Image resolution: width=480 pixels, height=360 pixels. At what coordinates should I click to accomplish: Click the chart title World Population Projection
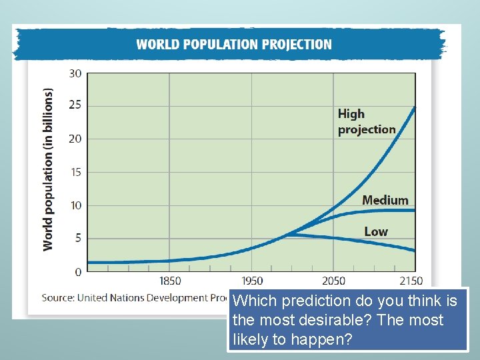coord(233,45)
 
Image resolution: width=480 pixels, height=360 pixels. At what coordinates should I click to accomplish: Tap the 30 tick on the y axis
coord(75,73)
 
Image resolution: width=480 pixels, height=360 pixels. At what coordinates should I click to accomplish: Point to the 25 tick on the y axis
coord(75,106)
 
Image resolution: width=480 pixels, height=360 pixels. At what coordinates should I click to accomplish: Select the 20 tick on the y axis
coord(75,139)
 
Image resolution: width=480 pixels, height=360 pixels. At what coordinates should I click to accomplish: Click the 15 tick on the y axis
coord(75,172)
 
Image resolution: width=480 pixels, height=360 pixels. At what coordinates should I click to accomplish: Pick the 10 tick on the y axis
coord(75,205)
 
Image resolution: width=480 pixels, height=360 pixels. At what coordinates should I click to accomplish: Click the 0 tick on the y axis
coord(78,271)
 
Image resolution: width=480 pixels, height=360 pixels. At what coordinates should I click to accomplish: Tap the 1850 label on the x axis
coord(169,281)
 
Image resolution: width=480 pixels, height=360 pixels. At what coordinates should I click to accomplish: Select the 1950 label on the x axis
coord(252,281)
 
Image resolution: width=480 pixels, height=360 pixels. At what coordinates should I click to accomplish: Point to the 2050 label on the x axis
coord(334,281)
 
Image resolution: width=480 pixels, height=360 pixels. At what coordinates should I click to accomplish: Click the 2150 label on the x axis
coord(411,281)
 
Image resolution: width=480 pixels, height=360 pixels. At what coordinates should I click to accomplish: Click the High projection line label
coord(366,121)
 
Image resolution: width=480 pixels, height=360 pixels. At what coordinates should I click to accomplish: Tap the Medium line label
coord(385,200)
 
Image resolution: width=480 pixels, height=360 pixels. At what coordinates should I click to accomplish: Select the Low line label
coord(375,231)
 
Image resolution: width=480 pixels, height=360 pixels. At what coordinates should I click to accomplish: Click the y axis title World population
coord(48,169)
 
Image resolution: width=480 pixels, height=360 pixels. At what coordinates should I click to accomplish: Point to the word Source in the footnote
coord(57,297)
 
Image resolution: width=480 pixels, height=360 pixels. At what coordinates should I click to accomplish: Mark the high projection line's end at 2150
coord(415,107)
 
